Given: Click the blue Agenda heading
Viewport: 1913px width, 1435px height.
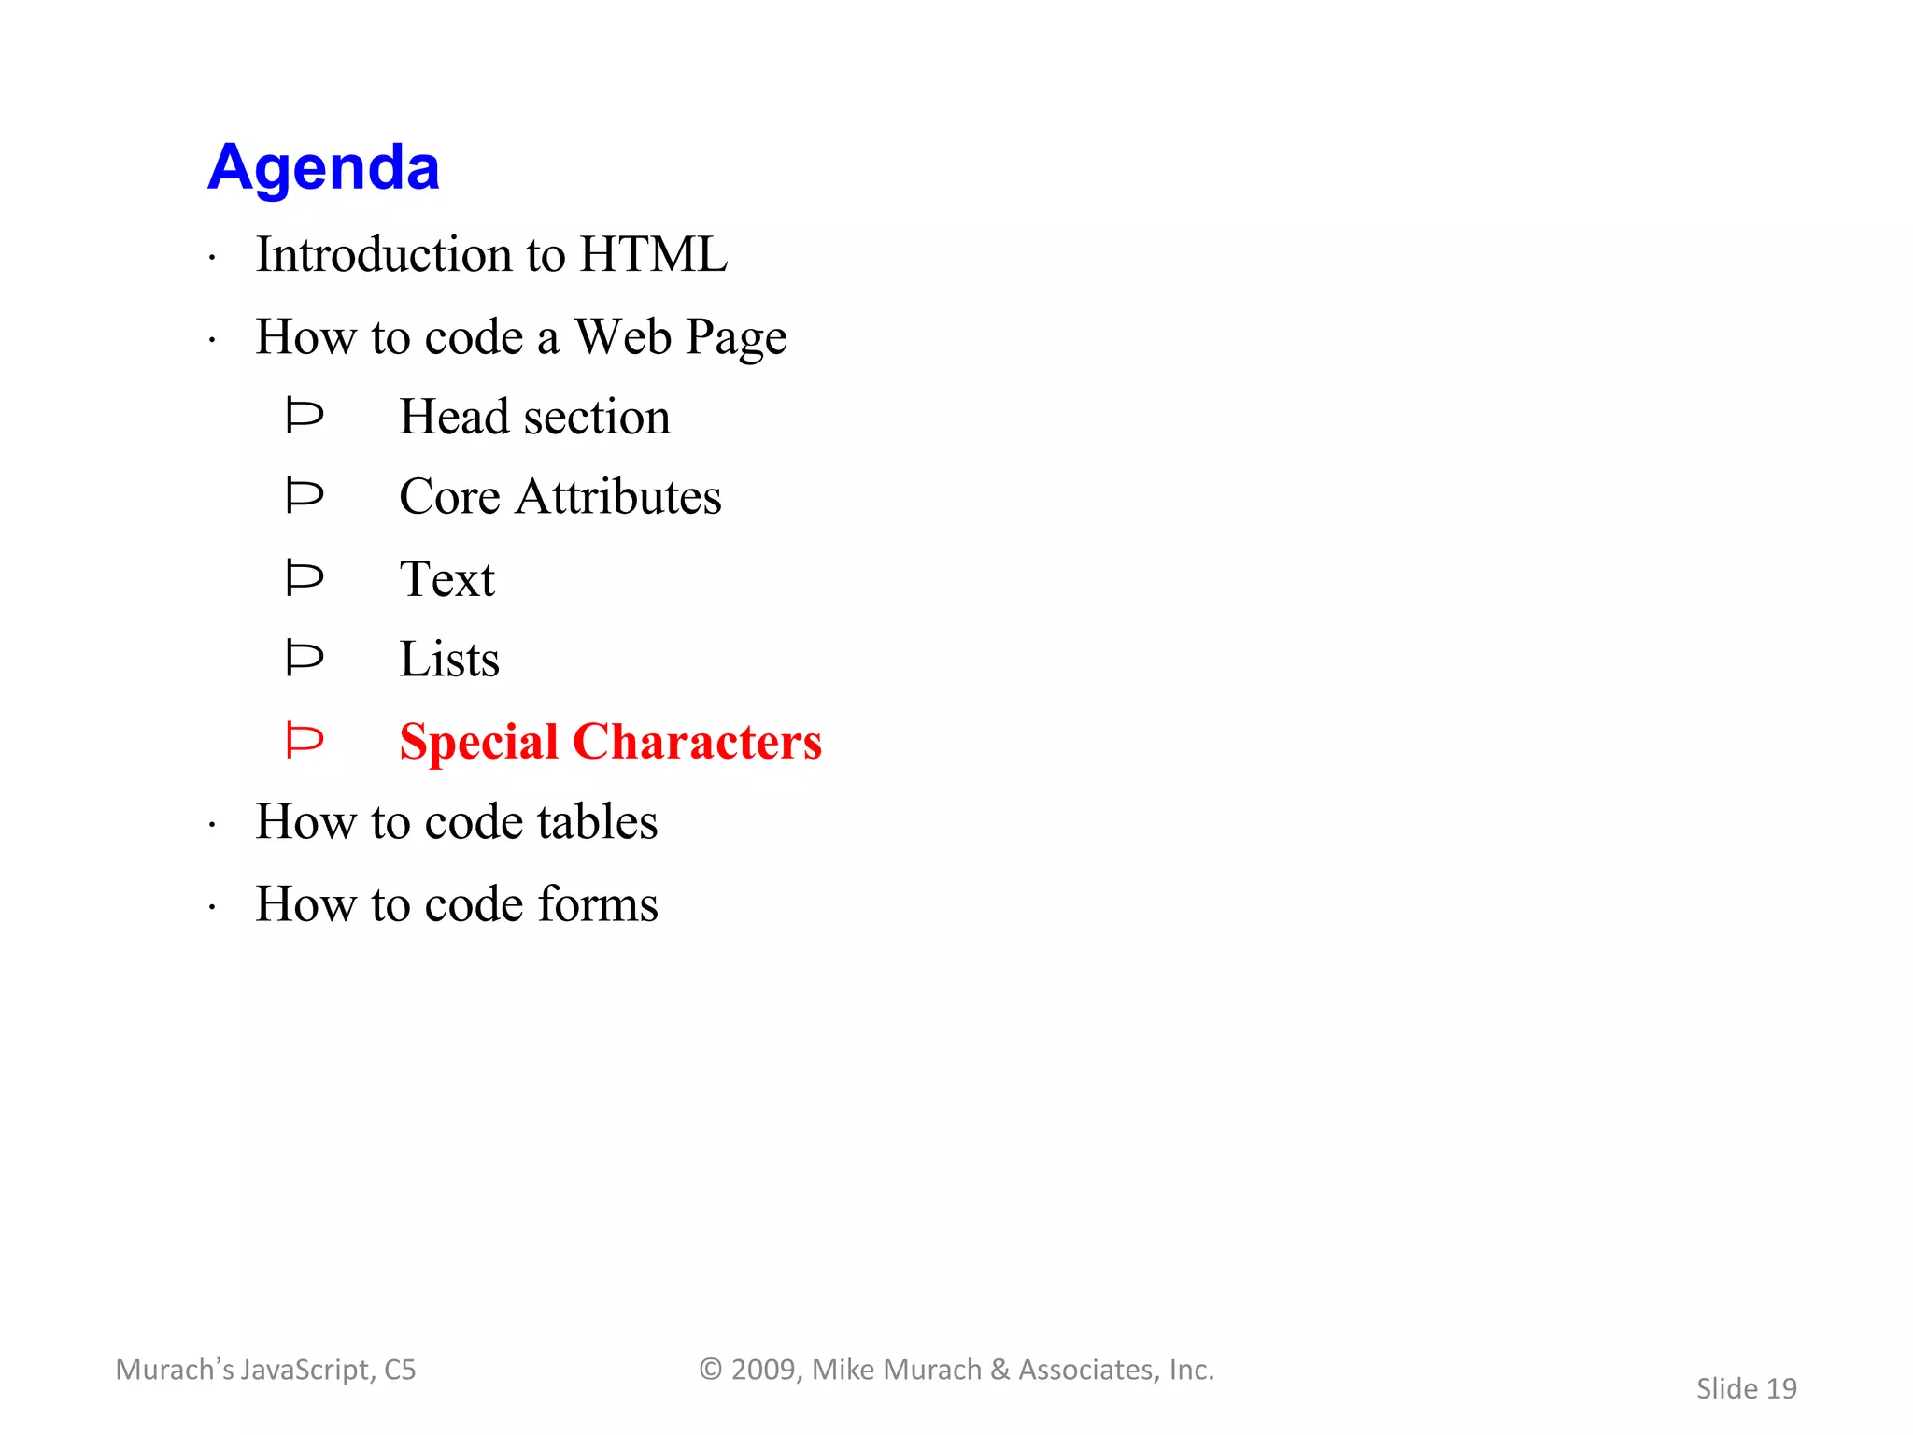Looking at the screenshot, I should [323, 168].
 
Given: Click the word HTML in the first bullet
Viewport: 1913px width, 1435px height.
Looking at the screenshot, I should [653, 254].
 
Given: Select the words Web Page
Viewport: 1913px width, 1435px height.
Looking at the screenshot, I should [680, 338].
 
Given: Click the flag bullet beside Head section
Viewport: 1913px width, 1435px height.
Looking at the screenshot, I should [305, 416].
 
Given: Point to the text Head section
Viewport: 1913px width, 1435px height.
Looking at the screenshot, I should [534, 417].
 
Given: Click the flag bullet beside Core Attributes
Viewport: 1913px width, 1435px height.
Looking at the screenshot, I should [305, 495].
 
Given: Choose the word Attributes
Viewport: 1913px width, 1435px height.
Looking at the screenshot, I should [618, 496].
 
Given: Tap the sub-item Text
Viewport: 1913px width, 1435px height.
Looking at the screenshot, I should [446, 578].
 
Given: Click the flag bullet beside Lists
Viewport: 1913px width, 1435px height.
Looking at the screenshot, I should [305, 659].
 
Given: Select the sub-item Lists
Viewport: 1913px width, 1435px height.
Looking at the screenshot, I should [449, 660].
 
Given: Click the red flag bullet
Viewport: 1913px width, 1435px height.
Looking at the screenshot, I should [305, 741].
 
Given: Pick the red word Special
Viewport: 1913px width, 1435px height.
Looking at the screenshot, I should [478, 743].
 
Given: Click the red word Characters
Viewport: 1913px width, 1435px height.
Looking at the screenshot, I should [697, 742].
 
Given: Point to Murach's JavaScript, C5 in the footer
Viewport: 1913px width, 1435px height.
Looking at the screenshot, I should [265, 1370].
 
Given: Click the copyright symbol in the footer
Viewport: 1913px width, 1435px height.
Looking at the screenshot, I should [711, 1370].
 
